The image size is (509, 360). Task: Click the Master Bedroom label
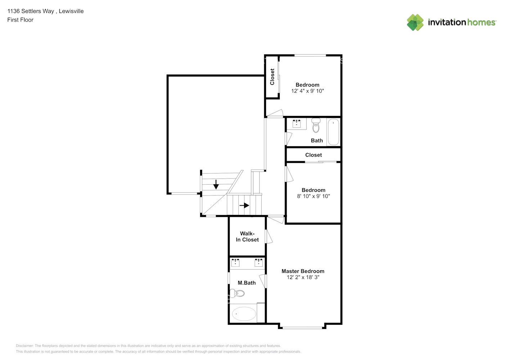pyautogui.click(x=303, y=271)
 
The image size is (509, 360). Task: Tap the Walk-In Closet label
pyautogui.click(x=247, y=237)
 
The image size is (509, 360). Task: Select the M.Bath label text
pyautogui.click(x=247, y=283)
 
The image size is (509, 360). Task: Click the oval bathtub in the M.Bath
pyautogui.click(x=244, y=314)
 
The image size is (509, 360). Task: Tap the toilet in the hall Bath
pyautogui.click(x=316, y=125)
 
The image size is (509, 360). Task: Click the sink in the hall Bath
pyautogui.click(x=297, y=124)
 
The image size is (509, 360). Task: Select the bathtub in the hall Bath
pyautogui.click(x=333, y=132)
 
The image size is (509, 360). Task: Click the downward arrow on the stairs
pyautogui.click(x=216, y=184)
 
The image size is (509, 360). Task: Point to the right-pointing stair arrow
pyautogui.click(x=244, y=206)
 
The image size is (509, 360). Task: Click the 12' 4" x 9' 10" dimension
pyautogui.click(x=307, y=91)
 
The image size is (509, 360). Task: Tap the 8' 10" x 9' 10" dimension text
pyautogui.click(x=314, y=196)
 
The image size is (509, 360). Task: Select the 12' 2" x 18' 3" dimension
pyautogui.click(x=303, y=277)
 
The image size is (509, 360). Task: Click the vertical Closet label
pyautogui.click(x=272, y=77)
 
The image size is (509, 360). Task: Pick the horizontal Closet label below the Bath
pyautogui.click(x=314, y=155)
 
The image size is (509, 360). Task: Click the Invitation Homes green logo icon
pyautogui.click(x=415, y=22)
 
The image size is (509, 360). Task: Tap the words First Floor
pyautogui.click(x=20, y=20)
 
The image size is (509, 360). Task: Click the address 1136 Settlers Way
pyautogui.click(x=31, y=11)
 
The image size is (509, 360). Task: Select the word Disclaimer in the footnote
pyautogui.click(x=25, y=346)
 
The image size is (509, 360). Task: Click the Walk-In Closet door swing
pyautogui.click(x=269, y=237)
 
